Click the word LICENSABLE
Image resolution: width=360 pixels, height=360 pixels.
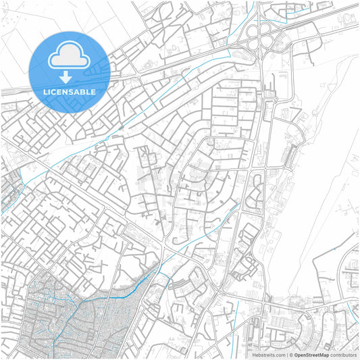pos(69,91)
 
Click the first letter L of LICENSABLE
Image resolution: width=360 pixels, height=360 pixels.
pos(45,91)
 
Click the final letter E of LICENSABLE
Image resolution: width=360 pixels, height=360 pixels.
pos(93,91)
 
